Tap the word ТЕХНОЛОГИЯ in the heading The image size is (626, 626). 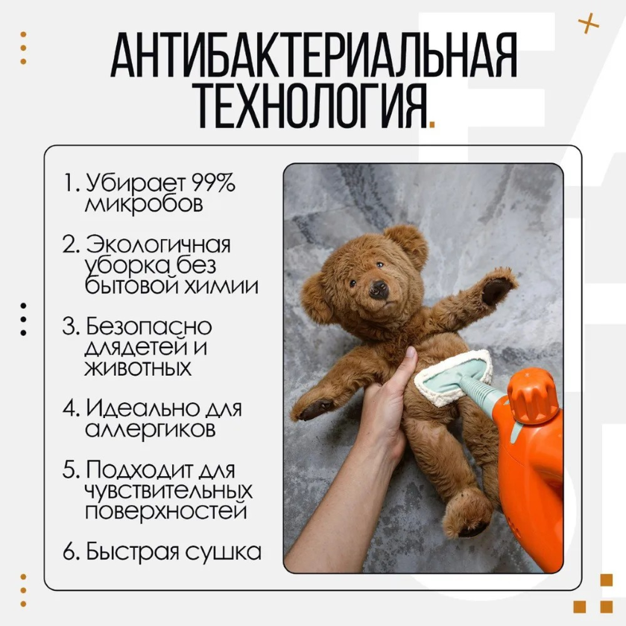click(312, 105)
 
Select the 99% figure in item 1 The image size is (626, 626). click(213, 183)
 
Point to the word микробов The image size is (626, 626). click(144, 203)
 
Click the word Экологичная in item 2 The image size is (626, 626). click(158, 244)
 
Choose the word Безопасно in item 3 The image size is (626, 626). click(148, 326)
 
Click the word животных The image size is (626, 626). click(138, 367)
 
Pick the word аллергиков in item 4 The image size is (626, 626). click(150, 429)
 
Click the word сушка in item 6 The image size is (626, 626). click(224, 551)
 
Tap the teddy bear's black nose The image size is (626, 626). click(379, 288)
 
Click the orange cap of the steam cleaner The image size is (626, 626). click(531, 395)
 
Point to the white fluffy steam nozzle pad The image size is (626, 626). click(454, 376)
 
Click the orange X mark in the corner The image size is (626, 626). click(589, 23)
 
